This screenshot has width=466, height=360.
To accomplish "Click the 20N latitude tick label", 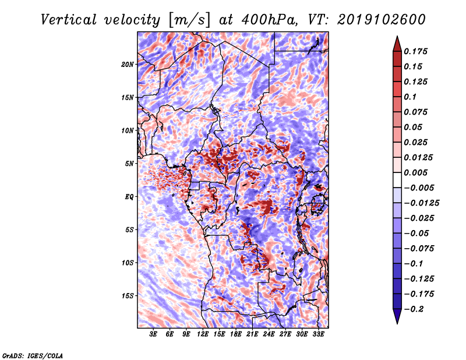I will (128, 64).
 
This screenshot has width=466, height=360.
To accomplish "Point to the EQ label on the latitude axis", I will (129, 197).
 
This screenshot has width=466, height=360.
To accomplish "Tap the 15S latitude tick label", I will (128, 296).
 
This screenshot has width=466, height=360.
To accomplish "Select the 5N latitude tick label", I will (129, 164).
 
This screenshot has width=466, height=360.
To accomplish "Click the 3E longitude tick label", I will (154, 335).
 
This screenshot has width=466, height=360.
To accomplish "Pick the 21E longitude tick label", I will (253, 335).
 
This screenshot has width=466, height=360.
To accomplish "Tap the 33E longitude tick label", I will (319, 335).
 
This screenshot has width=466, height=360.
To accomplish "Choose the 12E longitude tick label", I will (203, 335).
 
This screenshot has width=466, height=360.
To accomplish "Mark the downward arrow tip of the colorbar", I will (397, 322).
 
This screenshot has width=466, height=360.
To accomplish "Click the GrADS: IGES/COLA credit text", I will (33, 355).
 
